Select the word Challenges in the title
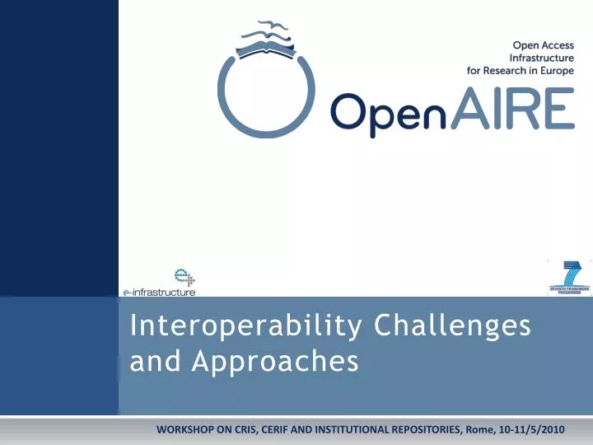[x=452, y=326]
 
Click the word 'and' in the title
[x=149, y=361]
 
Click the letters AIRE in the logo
[x=513, y=110]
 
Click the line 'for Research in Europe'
[x=521, y=71]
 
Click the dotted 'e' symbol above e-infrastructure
[x=181, y=277]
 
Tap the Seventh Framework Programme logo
[x=569, y=277]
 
